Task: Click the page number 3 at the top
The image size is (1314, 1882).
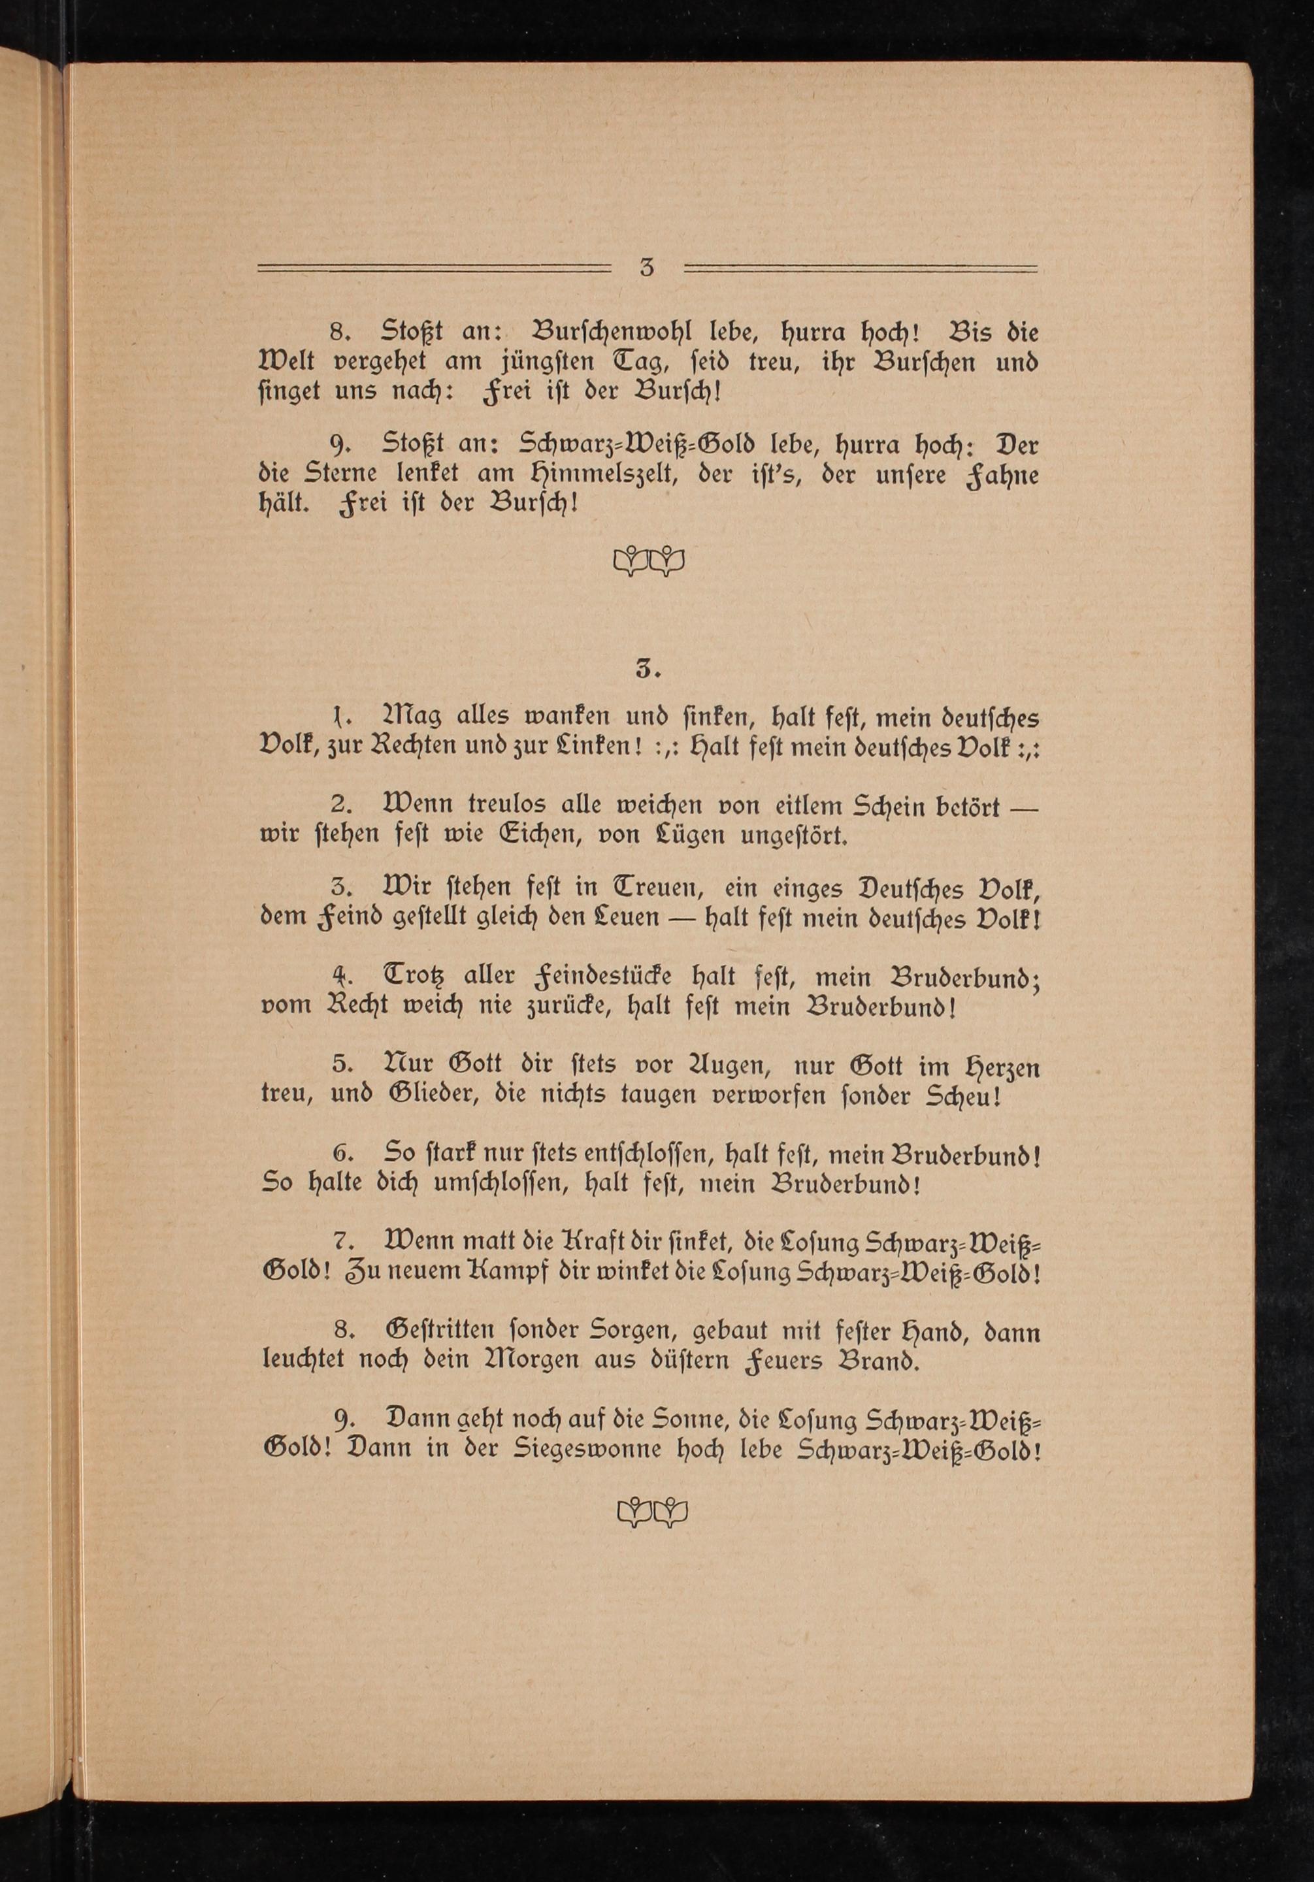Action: (647, 268)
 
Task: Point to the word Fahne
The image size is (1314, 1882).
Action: (1004, 476)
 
